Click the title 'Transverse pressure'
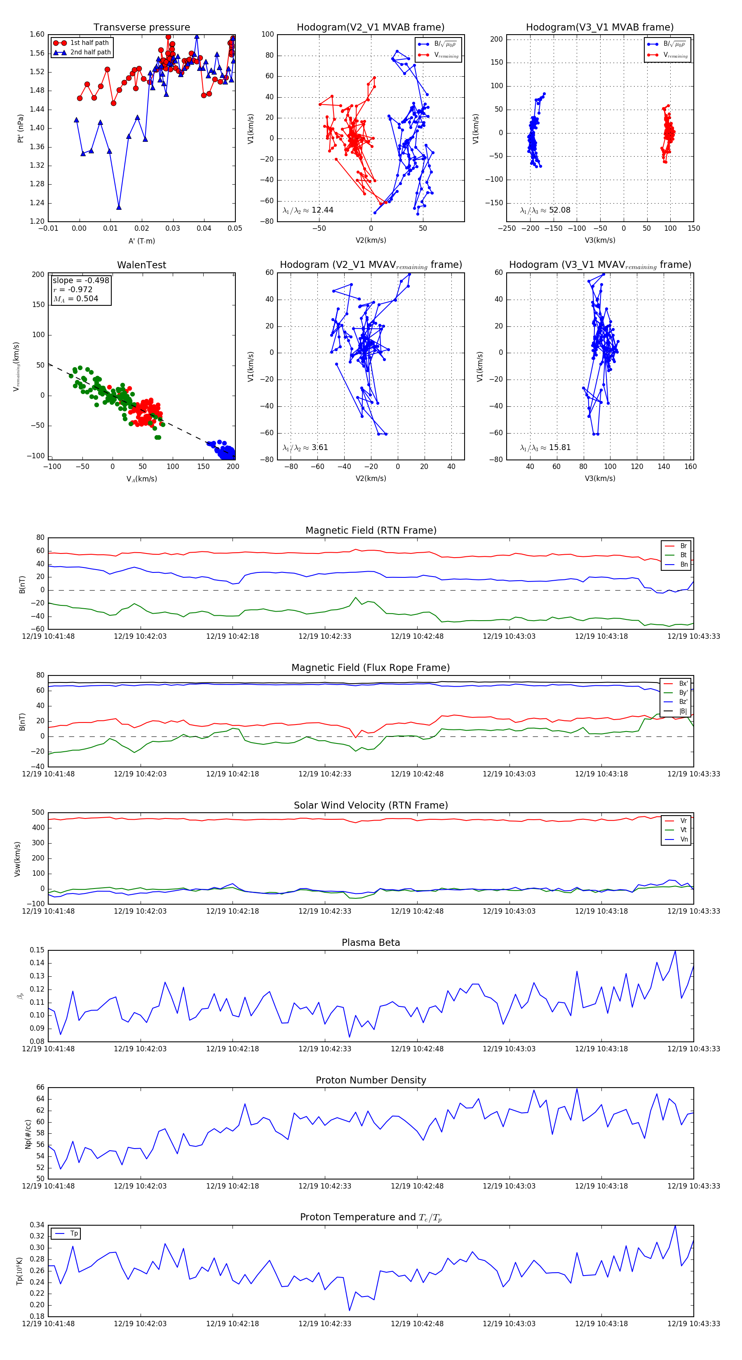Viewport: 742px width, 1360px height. tap(141, 28)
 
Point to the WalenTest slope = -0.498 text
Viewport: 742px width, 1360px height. tap(81, 280)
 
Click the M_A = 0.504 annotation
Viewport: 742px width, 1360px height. tap(75, 299)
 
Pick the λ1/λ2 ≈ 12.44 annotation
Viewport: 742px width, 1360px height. tap(308, 210)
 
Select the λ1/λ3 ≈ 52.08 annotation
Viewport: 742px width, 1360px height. tap(545, 210)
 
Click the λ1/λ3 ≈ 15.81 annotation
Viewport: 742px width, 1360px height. tap(545, 448)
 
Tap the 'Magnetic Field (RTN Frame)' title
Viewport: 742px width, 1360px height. tap(371, 530)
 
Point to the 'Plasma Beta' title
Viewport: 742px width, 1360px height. tap(371, 943)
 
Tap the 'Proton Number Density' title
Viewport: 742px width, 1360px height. tap(371, 1080)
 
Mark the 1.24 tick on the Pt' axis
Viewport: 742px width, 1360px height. tap(37, 203)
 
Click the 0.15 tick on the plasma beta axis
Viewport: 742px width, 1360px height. tap(37, 950)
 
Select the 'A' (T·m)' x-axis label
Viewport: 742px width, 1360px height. tap(141, 241)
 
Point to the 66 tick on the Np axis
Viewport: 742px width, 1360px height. tap(40, 1088)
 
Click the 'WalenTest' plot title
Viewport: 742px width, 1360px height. tap(141, 265)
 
